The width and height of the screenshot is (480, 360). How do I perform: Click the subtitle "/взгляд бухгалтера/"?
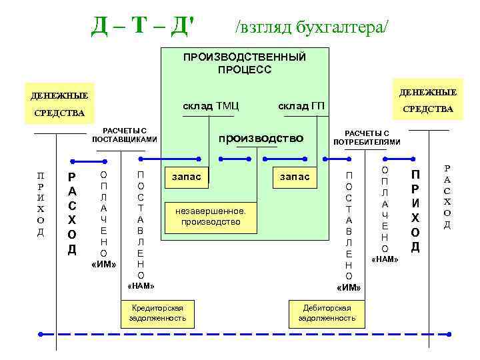(x=311, y=26)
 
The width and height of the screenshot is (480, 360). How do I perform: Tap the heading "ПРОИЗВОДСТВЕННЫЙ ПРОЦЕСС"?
(x=244, y=63)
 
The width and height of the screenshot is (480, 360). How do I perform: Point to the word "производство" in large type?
(x=261, y=138)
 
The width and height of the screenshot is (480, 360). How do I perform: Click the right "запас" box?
(x=295, y=177)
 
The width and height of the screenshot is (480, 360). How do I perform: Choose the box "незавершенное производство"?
(x=211, y=216)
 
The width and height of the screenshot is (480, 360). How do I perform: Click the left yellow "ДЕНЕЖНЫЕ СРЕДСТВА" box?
(x=60, y=103)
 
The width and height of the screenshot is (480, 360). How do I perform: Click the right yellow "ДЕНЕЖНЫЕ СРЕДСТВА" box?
(x=427, y=100)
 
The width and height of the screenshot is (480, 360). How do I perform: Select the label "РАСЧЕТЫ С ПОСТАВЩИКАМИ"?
(x=124, y=135)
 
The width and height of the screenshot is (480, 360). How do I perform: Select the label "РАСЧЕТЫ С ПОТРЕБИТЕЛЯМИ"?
(x=367, y=137)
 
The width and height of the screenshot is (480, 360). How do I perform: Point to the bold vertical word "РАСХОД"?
(x=72, y=214)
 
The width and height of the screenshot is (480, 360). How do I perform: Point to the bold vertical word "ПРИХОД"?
(x=415, y=211)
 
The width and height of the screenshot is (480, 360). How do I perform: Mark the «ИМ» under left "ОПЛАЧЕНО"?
(x=103, y=265)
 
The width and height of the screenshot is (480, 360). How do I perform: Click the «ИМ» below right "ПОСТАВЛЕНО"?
(x=349, y=287)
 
